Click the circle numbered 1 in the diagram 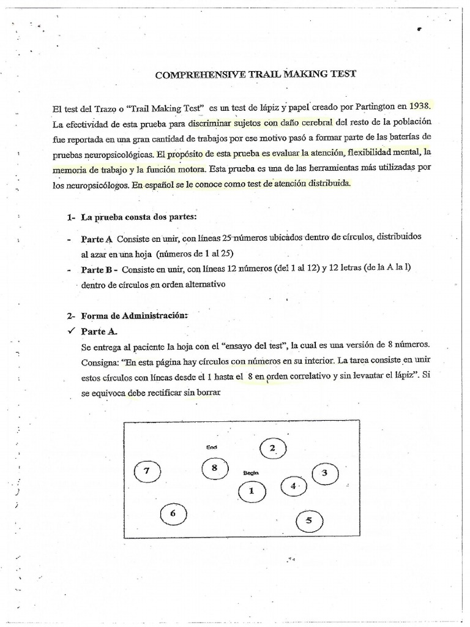coord(250,490)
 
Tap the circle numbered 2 coord(272,449)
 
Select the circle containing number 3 coord(324,473)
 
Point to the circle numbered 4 coord(293,486)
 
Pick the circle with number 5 coord(308,521)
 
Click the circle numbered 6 coord(173,514)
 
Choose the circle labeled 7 coord(146,471)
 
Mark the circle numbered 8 coord(214,468)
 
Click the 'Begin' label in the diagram coord(252,473)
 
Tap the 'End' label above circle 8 coord(212,448)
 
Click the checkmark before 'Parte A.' coord(72,331)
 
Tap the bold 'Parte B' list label coord(99,269)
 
